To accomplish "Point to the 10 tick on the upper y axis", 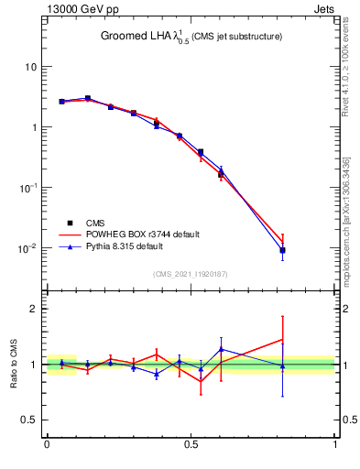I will point(30,67).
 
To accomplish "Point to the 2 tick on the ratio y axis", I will point(34,309).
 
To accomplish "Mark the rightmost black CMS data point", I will point(283,250).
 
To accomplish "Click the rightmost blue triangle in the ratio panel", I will point(283,366).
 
